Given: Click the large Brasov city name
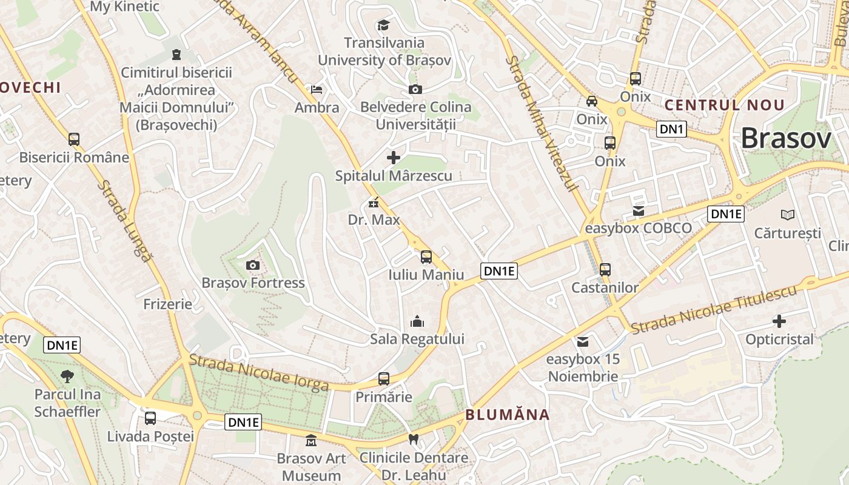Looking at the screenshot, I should [786, 139].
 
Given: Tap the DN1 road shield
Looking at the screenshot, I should [671, 129].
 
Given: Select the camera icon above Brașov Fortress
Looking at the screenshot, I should [253, 265].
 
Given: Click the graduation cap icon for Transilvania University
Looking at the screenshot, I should [383, 25].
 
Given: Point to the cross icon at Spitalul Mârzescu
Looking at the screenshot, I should [394, 158].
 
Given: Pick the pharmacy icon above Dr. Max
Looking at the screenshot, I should [374, 202].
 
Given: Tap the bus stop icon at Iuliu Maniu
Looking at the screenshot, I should [426, 256].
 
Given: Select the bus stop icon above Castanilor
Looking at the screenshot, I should [605, 270].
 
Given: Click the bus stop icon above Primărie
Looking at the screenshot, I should [384, 379].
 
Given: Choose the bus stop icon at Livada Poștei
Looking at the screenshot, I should [150, 418].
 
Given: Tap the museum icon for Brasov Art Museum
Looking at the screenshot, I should [312, 440].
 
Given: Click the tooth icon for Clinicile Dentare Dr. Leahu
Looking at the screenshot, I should [414, 438].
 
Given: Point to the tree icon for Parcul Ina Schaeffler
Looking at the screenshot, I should [67, 376].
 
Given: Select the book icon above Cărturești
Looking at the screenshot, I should [788, 215].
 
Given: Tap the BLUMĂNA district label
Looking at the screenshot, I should [508, 415].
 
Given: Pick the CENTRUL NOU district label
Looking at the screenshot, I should [725, 105].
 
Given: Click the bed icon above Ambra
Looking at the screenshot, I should [317, 90].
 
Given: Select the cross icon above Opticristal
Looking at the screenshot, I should [779, 321].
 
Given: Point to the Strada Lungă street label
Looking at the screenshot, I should [124, 221].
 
